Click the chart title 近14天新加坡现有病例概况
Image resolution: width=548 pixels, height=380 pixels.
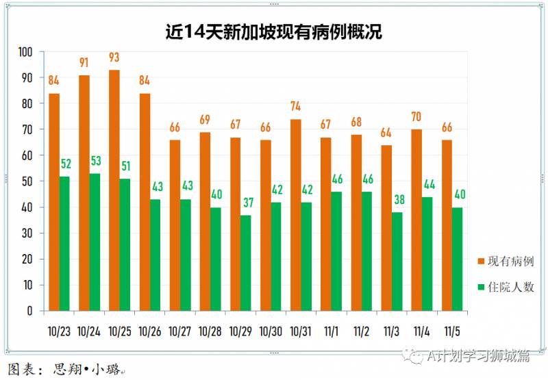pyautogui.click(x=274, y=31)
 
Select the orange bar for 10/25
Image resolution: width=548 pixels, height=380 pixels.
pyautogui.click(x=114, y=190)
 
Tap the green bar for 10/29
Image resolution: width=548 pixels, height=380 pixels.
pyautogui.click(x=246, y=263)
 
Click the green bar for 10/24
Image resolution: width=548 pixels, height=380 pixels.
pyautogui.click(x=95, y=242)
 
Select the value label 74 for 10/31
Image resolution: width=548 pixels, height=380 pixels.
pyautogui.click(x=296, y=107)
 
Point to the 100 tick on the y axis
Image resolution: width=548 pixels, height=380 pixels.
pyautogui.click(x=25, y=52)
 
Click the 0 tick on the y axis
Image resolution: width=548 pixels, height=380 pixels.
pyautogui.click(x=29, y=311)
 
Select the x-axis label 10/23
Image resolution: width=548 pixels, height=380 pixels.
pyautogui.click(x=59, y=331)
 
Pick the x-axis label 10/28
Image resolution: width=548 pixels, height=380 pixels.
pyautogui.click(x=210, y=331)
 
